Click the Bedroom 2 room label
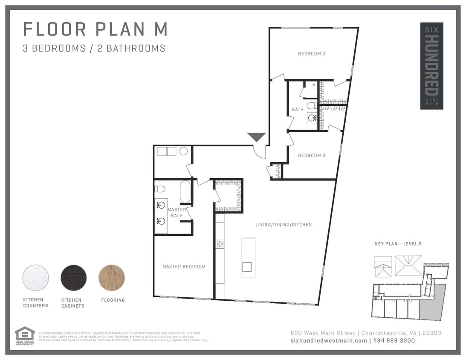pyautogui.click(x=312, y=54)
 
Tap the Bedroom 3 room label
pyautogui.click(x=312, y=156)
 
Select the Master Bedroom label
pyautogui.click(x=184, y=267)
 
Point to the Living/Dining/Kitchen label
pyautogui.click(x=284, y=225)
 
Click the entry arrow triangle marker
pyautogui.click(x=257, y=137)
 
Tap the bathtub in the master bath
pyautogui.click(x=185, y=192)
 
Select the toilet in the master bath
pyautogui.click(x=159, y=189)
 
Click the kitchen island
pyautogui.click(x=248, y=258)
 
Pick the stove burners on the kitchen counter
pyautogui.click(x=220, y=244)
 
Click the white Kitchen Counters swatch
pyautogui.click(x=35, y=278)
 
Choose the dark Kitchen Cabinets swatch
pyautogui.click(x=74, y=278)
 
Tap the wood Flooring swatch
pyautogui.click(x=112, y=278)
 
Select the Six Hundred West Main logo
pyautogui.click(x=431, y=66)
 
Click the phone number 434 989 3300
pyautogui.click(x=394, y=340)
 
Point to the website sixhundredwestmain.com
pyautogui.click(x=328, y=340)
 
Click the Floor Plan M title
pyautogui.click(x=95, y=29)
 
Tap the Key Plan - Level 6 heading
pyautogui.click(x=398, y=244)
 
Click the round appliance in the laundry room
pyautogui.click(x=183, y=151)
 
